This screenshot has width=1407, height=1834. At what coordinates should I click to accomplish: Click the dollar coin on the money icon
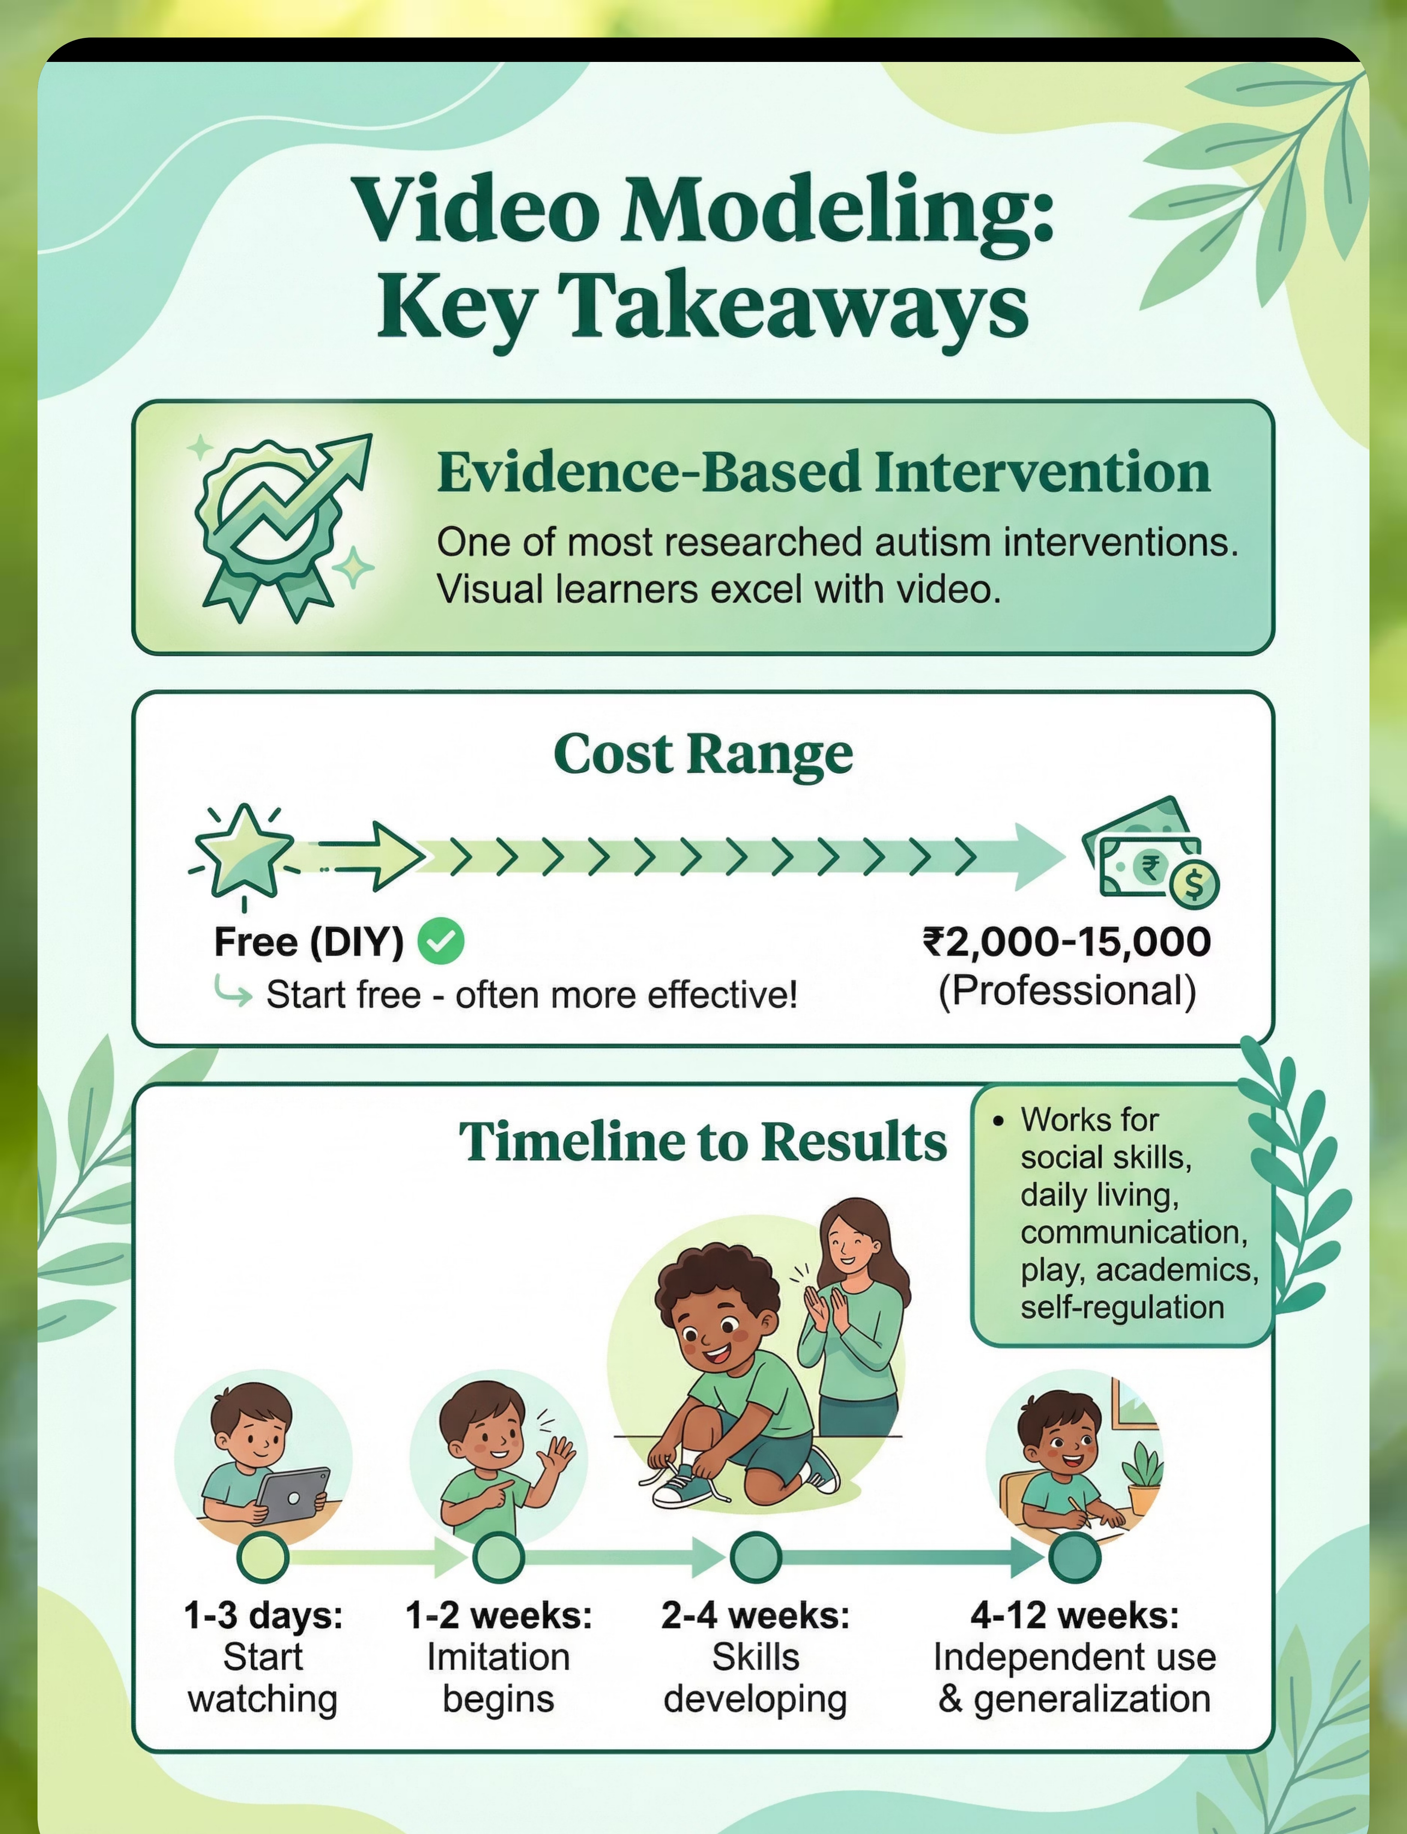coord(1194,884)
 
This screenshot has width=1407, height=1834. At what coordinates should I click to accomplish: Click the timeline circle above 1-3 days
coord(263,1557)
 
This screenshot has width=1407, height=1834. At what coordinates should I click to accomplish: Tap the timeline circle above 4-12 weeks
coord(1075,1557)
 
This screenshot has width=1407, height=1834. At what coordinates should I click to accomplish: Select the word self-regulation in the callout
coord(1122,1307)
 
